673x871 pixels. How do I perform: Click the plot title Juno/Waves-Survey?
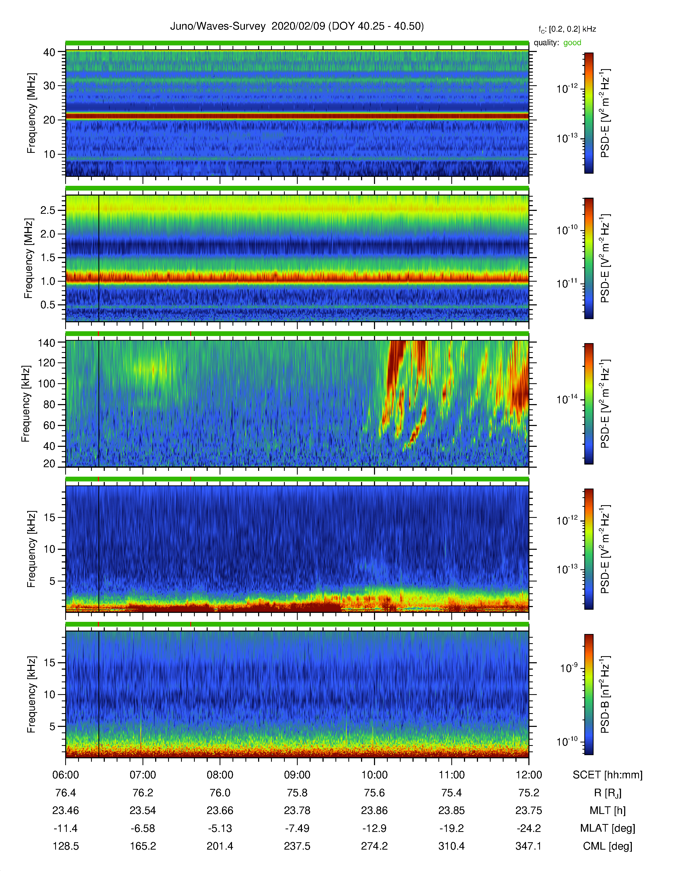click(218, 26)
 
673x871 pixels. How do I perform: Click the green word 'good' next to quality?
click(572, 43)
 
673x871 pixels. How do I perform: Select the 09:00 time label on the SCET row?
click(297, 775)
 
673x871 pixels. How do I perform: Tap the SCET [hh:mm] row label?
click(608, 775)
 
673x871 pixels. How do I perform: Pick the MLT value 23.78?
click(297, 810)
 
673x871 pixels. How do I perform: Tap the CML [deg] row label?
click(608, 846)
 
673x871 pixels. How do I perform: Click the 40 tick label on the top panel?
click(49, 52)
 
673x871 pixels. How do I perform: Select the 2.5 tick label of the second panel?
click(48, 210)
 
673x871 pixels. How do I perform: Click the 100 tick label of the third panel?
click(46, 384)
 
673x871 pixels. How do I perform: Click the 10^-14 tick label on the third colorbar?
click(567, 399)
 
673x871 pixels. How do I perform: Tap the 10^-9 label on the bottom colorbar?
click(568, 668)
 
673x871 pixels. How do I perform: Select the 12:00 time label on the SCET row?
click(529, 775)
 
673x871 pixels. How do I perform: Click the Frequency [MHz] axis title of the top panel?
click(31, 113)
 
